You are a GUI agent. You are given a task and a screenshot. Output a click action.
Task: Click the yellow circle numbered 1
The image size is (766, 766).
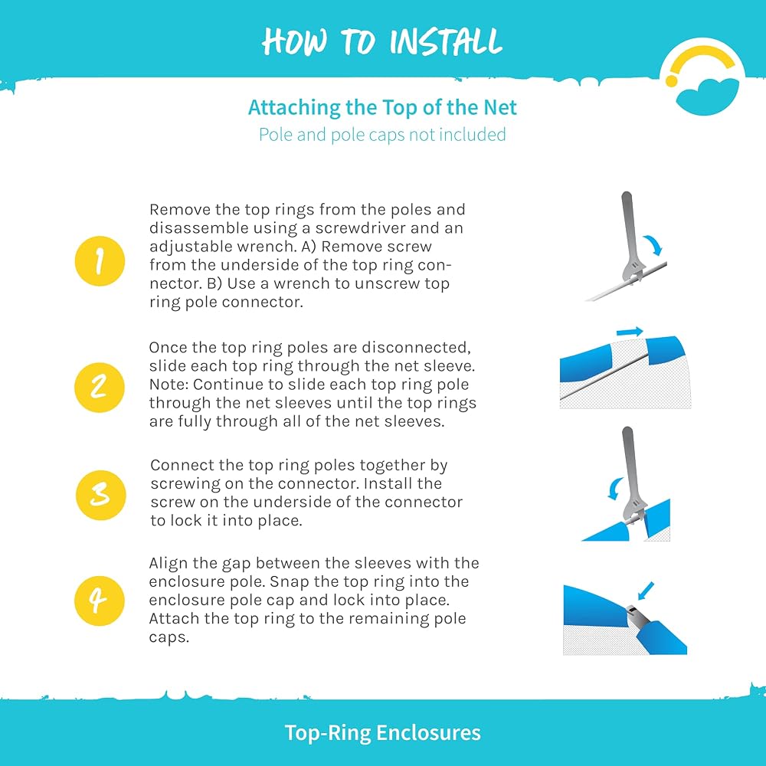click(100, 261)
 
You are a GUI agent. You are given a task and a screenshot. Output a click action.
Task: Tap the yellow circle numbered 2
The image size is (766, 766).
click(100, 388)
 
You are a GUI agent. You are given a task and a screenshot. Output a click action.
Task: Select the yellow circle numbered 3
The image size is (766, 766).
click(100, 495)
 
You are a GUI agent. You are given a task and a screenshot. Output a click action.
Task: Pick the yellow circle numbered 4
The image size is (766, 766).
click(100, 601)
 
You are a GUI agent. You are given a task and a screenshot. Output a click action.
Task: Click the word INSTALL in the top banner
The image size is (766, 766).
click(446, 41)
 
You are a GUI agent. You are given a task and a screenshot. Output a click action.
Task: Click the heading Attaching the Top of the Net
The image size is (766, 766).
click(382, 107)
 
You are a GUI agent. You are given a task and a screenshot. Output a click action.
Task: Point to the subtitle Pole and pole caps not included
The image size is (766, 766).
click(382, 134)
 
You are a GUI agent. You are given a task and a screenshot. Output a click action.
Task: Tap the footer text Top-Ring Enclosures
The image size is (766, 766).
click(382, 732)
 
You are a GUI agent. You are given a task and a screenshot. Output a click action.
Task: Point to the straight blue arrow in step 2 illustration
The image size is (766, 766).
click(630, 332)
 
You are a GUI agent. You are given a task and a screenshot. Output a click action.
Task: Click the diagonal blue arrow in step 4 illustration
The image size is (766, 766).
click(646, 591)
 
